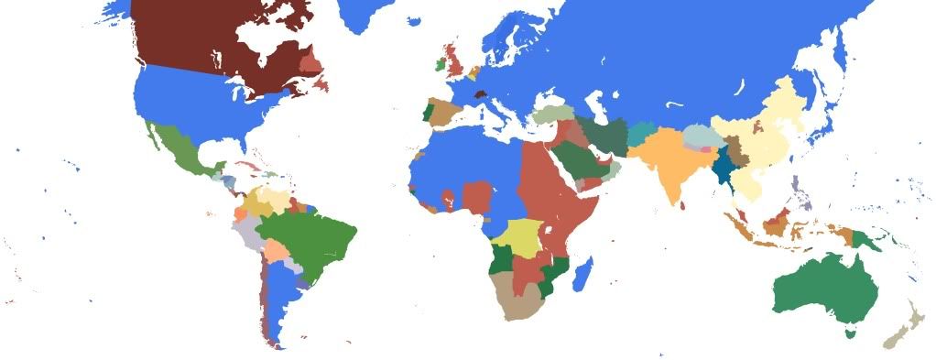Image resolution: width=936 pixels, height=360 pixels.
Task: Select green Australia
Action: [815, 289]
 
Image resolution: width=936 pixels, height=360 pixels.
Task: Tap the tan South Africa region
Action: [517, 302]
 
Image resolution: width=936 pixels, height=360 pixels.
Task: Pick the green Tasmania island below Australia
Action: [850, 333]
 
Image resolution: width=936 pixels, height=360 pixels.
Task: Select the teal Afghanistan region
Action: [643, 133]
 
